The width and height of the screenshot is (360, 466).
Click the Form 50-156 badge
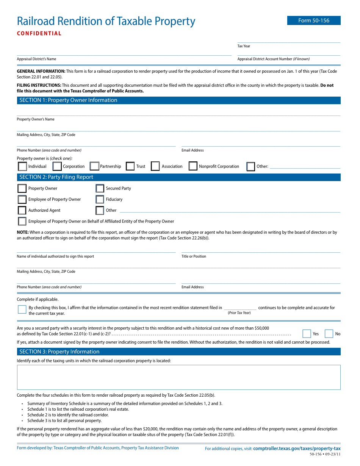coord(314,20)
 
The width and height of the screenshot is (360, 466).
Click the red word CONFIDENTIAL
coord(39,33)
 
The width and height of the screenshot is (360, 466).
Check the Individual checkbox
coord(22,166)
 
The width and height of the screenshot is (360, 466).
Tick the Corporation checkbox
coord(57,166)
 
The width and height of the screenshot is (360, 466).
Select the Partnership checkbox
coord(94,166)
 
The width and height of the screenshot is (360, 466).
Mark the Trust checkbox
coord(130,166)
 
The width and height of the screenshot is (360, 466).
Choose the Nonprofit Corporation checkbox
coord(193,166)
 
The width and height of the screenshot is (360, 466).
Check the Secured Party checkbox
coord(100,188)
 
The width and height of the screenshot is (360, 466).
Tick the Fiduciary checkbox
coord(100,199)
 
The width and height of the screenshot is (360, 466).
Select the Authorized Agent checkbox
coord(22,210)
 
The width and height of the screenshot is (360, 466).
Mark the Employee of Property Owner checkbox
coord(22,199)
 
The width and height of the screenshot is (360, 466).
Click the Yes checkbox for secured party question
coord(307,334)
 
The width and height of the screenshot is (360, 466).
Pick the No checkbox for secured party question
coord(329,334)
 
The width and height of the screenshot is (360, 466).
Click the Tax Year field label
coord(244,46)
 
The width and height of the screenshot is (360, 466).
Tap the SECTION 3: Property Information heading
coord(59,352)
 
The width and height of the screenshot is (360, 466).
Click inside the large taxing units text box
coord(178,377)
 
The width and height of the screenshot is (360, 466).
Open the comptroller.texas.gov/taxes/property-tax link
coord(297,449)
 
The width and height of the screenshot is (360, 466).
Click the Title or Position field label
coord(194,256)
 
